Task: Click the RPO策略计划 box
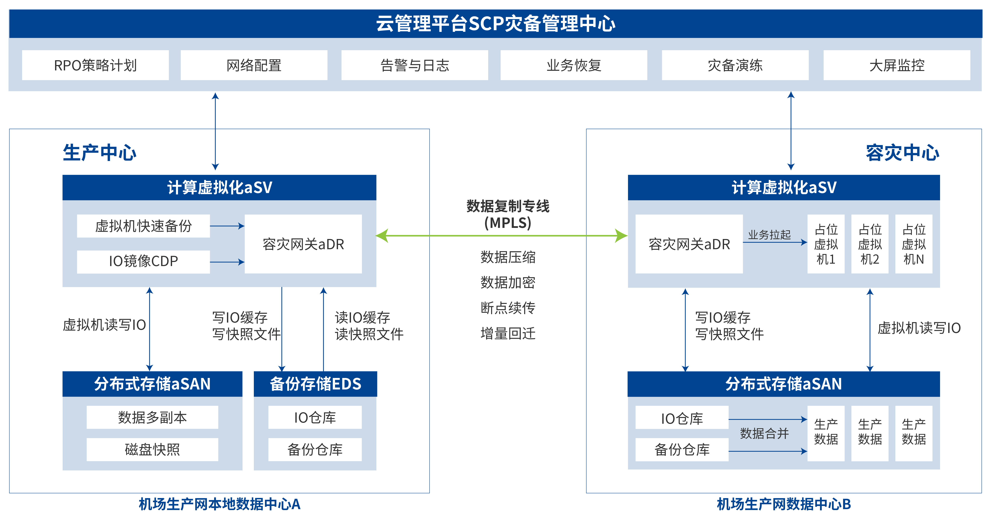pos(95,65)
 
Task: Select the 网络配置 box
pos(254,65)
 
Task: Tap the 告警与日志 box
pos(415,65)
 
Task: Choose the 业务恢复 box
pos(574,65)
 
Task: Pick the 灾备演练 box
pos(735,65)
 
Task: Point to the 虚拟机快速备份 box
pos(143,226)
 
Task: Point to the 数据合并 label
pos(764,434)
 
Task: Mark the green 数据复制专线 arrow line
pos(499,235)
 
